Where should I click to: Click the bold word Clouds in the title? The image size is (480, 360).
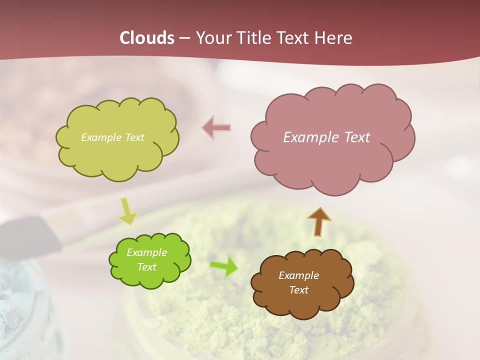pyautogui.click(x=147, y=38)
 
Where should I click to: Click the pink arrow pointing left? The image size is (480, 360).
pyautogui.click(x=216, y=128)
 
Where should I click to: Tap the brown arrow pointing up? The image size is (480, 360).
pyautogui.click(x=319, y=221)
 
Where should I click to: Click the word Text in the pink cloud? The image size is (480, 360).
pyautogui.click(x=356, y=137)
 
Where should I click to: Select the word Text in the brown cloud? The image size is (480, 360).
pyautogui.click(x=298, y=290)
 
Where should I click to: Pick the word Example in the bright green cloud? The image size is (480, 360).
pyautogui.click(x=146, y=252)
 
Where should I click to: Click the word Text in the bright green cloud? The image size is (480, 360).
pyautogui.click(x=146, y=267)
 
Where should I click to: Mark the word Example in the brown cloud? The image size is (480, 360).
pyautogui.click(x=298, y=275)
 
